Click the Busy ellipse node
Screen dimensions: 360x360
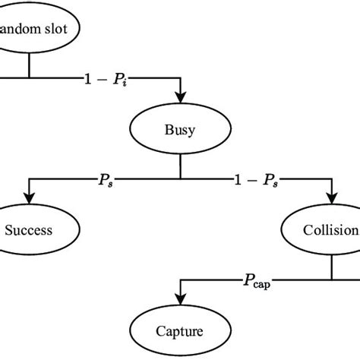point(180,129)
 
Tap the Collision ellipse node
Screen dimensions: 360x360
point(327,229)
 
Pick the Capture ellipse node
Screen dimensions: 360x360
point(180,330)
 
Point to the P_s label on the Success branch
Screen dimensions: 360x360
point(104,179)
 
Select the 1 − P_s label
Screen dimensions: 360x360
point(254,179)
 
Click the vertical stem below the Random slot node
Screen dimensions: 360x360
point(30,67)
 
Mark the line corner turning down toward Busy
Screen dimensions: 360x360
point(180,77)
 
